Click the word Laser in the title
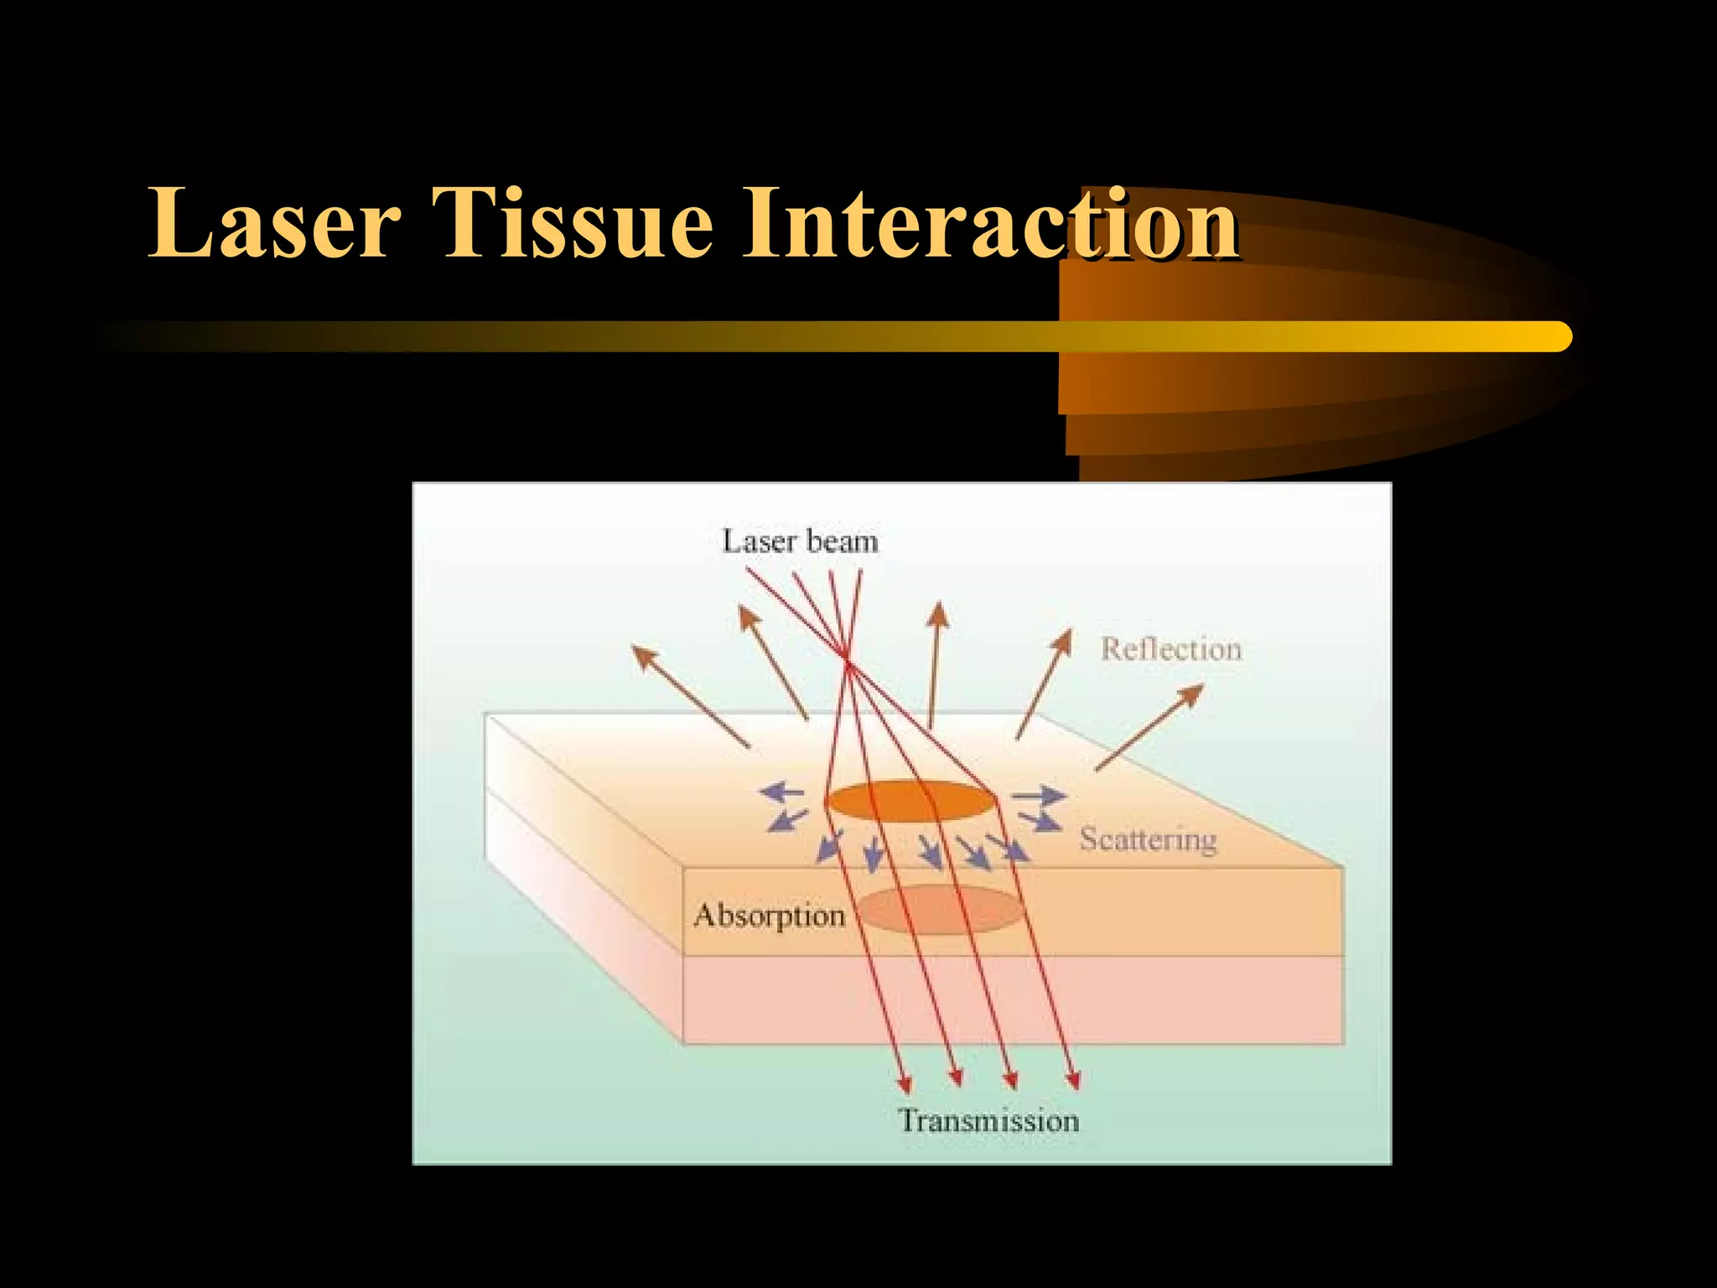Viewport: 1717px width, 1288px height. pyautogui.click(x=273, y=223)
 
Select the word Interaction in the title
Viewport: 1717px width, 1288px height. pyautogui.click(x=989, y=223)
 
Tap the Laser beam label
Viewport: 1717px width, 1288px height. pyautogui.click(x=800, y=542)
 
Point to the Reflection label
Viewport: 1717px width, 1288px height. pyautogui.click(x=1170, y=650)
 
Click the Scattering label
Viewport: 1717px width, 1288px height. pyautogui.click(x=1147, y=839)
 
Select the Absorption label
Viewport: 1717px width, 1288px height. pyautogui.click(x=769, y=916)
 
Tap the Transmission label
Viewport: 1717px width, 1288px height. pyautogui.click(x=988, y=1121)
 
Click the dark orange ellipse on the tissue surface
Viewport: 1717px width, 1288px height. pyautogui.click(x=910, y=801)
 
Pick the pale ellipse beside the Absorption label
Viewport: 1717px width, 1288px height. pyautogui.click(x=939, y=910)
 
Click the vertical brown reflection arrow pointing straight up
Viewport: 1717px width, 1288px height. pyautogui.click(x=935, y=662)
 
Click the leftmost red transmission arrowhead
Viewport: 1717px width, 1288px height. pyautogui.click(x=904, y=1083)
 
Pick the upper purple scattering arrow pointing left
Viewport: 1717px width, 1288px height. pyautogui.click(x=781, y=791)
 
